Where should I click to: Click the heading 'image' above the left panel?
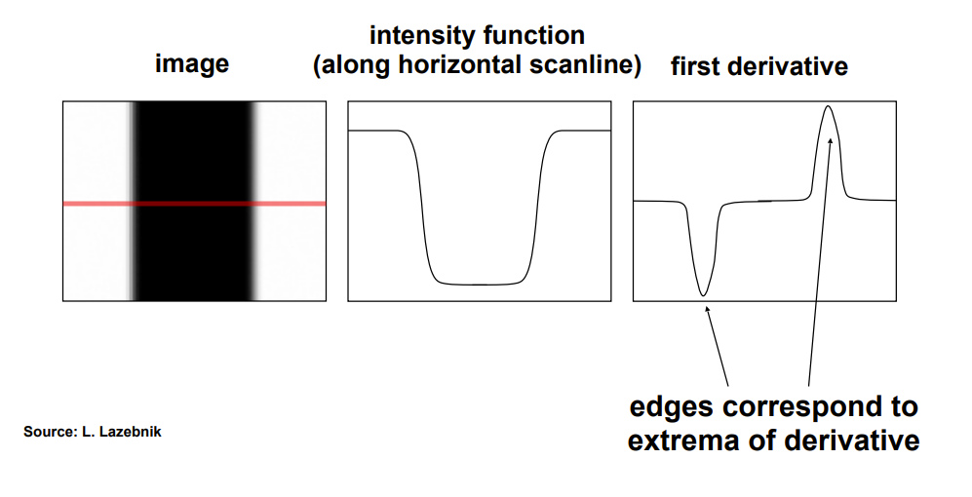point(192,64)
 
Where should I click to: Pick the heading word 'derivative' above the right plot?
point(786,66)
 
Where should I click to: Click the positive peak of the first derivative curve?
point(828,106)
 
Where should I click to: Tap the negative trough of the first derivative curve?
point(703,295)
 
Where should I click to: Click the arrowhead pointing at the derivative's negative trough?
point(707,310)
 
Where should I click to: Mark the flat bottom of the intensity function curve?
point(480,284)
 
